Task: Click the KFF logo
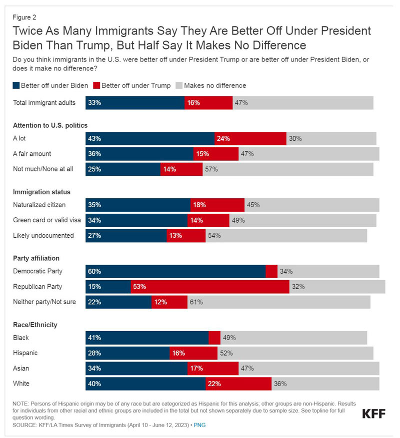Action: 373,414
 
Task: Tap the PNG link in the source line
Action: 199,425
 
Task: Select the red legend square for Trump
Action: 96,85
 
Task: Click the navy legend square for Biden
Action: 16,85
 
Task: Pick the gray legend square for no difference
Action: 179,85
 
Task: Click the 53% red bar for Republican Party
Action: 210,287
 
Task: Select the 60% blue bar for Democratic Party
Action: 175,271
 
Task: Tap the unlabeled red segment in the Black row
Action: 214,338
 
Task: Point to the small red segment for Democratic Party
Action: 271,271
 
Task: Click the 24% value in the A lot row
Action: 223,138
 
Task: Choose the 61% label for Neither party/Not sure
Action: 196,302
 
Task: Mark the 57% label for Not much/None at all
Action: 211,169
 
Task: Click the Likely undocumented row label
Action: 43,235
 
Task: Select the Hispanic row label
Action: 25,353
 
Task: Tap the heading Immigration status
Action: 41,192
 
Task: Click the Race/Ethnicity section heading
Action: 35,325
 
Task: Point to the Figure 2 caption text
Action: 24,17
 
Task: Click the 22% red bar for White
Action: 238,384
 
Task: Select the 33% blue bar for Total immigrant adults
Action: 135,103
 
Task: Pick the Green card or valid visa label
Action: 46,220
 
